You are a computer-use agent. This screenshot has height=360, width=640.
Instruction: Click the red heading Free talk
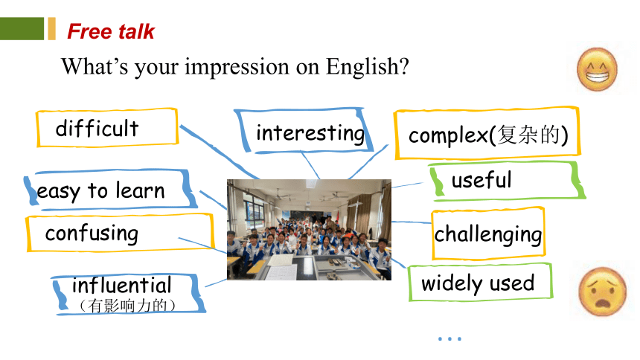click(x=111, y=31)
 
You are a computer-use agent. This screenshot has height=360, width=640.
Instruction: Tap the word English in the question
click(x=368, y=66)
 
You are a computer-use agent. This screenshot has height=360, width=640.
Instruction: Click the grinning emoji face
click(x=597, y=69)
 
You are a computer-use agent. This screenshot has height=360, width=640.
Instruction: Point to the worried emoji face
click(x=603, y=292)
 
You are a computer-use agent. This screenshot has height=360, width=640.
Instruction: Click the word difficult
click(x=97, y=128)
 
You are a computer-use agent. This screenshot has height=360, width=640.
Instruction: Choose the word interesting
click(x=310, y=133)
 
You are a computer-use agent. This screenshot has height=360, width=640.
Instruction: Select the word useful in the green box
click(x=481, y=180)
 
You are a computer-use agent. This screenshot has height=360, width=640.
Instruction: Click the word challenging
click(x=488, y=235)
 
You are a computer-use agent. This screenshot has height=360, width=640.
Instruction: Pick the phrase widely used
click(x=478, y=283)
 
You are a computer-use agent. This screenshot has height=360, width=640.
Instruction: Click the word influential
click(x=121, y=286)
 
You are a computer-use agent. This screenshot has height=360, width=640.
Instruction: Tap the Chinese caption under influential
click(x=127, y=305)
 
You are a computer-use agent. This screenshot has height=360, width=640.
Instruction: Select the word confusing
click(x=92, y=234)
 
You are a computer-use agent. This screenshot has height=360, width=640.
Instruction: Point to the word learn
click(x=140, y=190)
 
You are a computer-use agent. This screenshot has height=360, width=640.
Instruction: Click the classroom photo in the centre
click(x=309, y=230)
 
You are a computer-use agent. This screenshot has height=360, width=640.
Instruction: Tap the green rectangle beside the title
click(x=22, y=28)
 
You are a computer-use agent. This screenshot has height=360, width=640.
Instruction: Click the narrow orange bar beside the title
click(x=51, y=28)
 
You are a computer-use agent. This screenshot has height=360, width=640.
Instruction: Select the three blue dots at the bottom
click(x=449, y=338)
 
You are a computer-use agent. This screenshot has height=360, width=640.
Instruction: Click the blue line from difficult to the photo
click(x=220, y=152)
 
